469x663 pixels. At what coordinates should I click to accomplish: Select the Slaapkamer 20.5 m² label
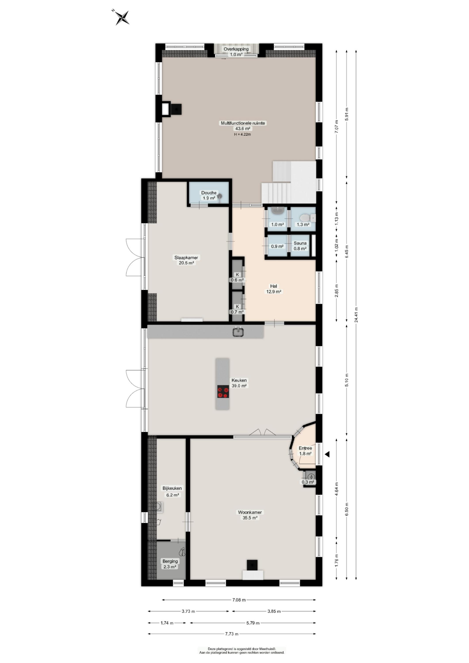point(186,260)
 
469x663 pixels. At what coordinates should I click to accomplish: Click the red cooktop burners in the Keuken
point(223,392)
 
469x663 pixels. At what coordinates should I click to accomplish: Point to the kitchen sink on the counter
point(238,332)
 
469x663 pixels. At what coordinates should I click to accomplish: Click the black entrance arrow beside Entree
point(327,454)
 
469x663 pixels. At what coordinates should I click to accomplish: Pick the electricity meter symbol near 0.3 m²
point(311,477)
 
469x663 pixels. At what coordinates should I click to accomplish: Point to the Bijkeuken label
point(172,488)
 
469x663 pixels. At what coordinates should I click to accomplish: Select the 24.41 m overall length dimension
point(356,315)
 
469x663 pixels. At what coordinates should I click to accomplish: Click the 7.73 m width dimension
point(232,634)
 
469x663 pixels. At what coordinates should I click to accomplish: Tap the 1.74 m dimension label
point(167,623)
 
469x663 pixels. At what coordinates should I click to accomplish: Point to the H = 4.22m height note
point(242,134)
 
